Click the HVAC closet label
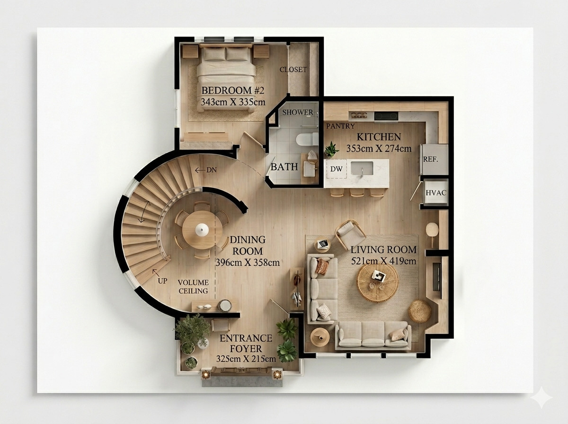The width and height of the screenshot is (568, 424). point(436,193)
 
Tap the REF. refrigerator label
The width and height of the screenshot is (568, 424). point(431,159)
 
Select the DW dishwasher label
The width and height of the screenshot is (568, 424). point(337,169)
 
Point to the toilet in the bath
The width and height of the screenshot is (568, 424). point(307,139)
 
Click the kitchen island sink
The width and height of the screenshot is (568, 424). point(362,168)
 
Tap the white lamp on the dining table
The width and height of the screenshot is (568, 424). point(202,229)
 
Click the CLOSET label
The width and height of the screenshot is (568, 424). point(293,70)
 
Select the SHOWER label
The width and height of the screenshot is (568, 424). point(298,112)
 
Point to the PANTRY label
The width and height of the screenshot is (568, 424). point(340,126)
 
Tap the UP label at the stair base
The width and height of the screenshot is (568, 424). point(162,281)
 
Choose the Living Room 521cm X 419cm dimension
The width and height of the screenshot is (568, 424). point(383,261)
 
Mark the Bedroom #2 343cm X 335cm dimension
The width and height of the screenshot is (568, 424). point(233,102)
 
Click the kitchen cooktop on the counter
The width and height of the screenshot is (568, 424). point(386,116)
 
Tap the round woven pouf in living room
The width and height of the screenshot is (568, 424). point(419,311)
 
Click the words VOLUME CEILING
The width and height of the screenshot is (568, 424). point(193,287)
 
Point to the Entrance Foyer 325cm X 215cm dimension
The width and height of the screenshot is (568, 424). point(246,359)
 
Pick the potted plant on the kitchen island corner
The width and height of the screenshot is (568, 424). point(331,150)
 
